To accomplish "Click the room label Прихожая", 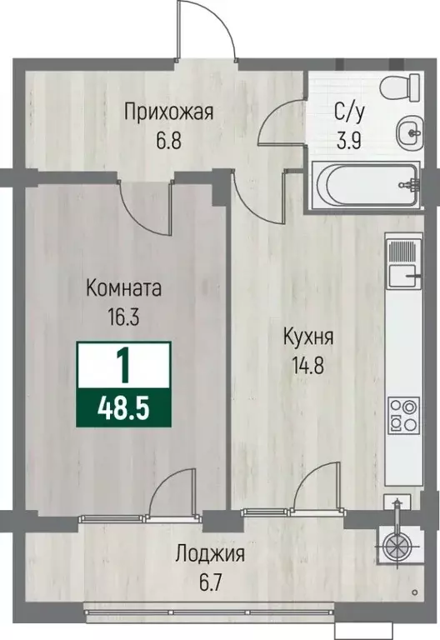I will pyautogui.click(x=169, y=111).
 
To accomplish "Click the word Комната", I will pyautogui.click(x=124, y=288).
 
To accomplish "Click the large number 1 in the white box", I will pyautogui.click(x=123, y=364).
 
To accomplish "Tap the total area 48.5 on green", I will pyautogui.click(x=123, y=408).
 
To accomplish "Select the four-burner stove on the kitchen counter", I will pyautogui.click(x=403, y=413).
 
